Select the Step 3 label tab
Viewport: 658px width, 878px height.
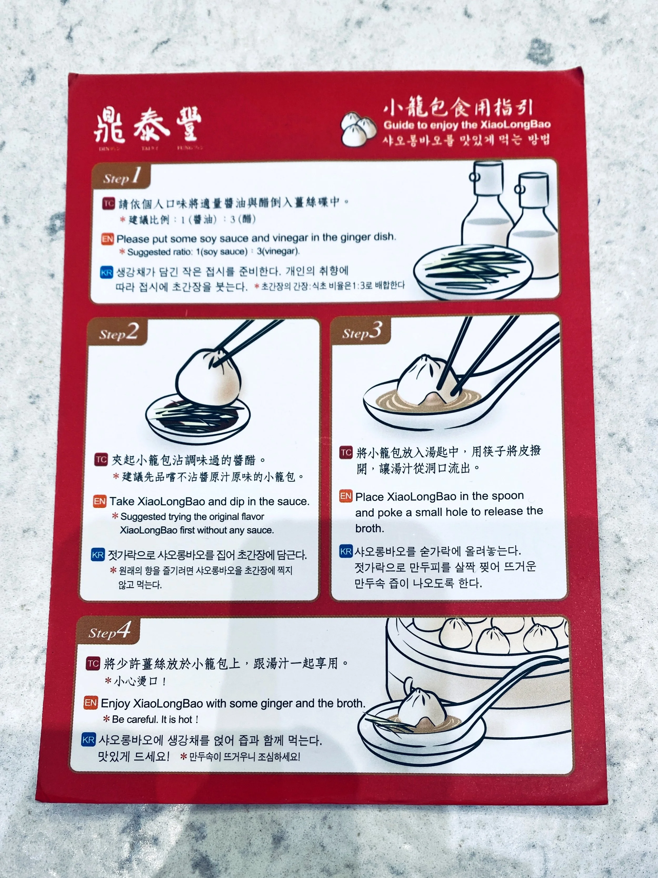[361, 331]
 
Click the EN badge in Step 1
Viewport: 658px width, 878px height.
[107, 239]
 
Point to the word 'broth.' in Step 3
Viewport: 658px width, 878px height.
[370, 528]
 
